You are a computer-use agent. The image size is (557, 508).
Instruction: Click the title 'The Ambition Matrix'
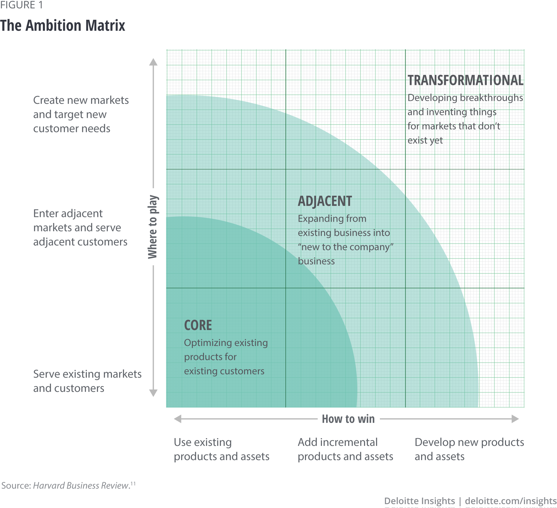[x=63, y=26]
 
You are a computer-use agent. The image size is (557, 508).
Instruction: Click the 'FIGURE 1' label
[x=21, y=5]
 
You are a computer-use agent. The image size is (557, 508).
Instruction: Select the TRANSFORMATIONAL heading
[x=465, y=80]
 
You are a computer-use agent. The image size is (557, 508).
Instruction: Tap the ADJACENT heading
[x=325, y=201]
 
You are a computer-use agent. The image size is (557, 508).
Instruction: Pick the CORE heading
[x=198, y=325]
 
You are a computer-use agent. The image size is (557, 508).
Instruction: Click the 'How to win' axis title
[x=348, y=419]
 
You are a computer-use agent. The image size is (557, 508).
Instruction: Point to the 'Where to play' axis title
[x=153, y=227]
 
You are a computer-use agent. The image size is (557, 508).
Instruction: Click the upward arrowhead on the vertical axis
[x=153, y=62]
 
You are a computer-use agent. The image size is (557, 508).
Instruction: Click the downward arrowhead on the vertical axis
[x=153, y=393]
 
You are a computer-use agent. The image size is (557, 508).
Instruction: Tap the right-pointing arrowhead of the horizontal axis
[x=515, y=419]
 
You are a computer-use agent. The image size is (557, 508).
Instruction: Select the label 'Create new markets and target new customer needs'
[x=81, y=114]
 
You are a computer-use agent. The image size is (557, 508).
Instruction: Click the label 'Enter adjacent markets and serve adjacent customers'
[x=80, y=228]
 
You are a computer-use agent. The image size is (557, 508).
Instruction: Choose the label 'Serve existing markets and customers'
[x=87, y=381]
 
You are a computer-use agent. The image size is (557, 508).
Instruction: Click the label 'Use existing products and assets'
[x=221, y=449]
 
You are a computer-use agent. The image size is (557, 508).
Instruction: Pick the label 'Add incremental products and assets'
[x=345, y=449]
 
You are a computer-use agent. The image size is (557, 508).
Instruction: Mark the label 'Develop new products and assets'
[x=469, y=449]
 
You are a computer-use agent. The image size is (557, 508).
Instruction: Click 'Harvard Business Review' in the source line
[x=81, y=485]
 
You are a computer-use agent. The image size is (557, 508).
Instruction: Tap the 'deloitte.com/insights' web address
[x=510, y=501]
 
